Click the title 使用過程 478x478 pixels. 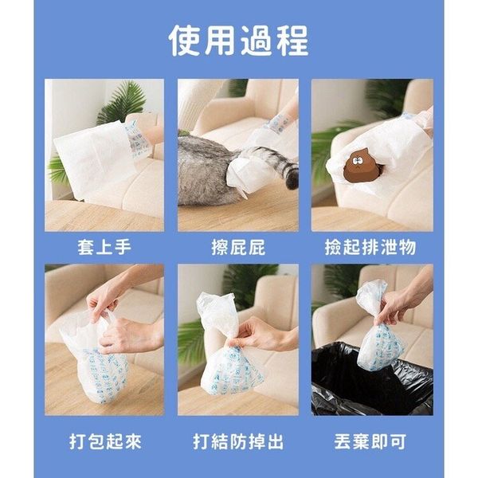(x=238, y=41)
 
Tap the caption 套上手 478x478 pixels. (x=104, y=247)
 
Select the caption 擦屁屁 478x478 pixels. (x=238, y=247)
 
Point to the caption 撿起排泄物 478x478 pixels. (x=370, y=247)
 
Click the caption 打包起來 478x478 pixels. (x=105, y=441)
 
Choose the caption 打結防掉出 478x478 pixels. (x=238, y=441)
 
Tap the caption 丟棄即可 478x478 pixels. (x=370, y=441)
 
